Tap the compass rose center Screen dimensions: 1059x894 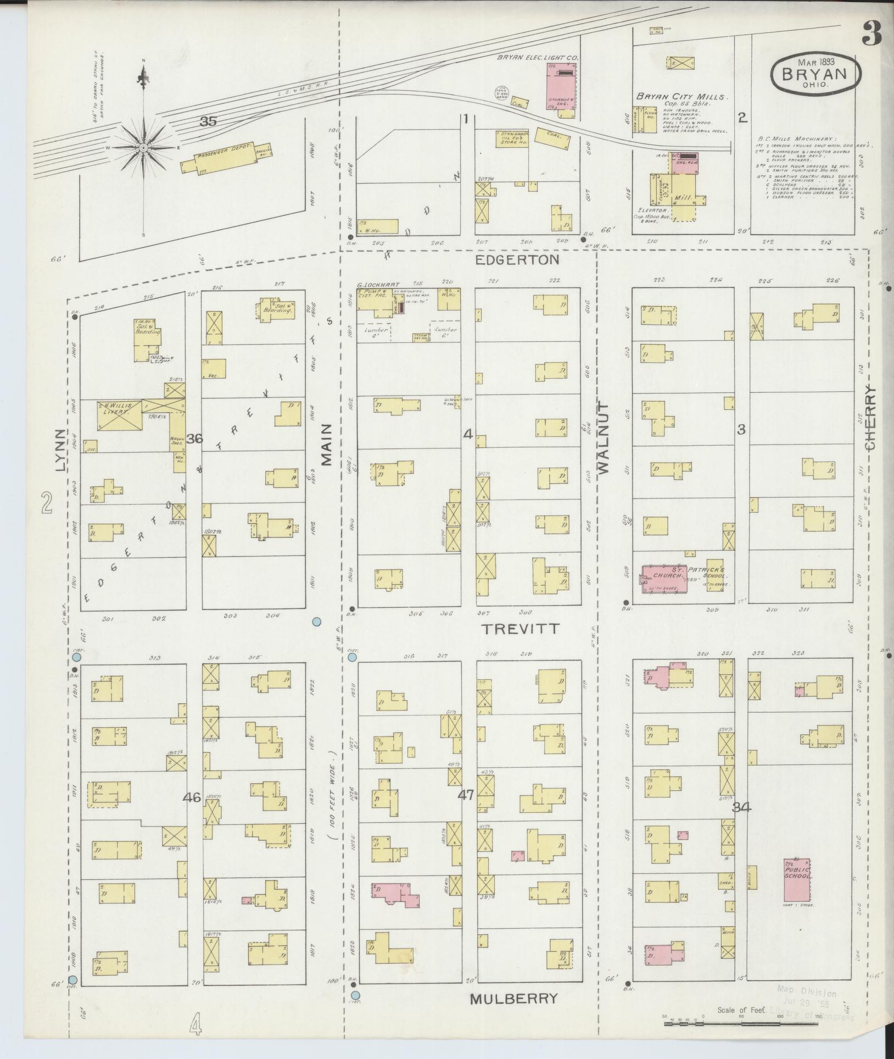click(143, 147)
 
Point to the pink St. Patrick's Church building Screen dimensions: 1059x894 click(664, 579)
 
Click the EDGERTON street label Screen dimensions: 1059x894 click(517, 259)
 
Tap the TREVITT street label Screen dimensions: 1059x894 click(520, 628)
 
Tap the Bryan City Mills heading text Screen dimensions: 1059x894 click(681, 96)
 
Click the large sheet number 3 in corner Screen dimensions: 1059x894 click(871, 35)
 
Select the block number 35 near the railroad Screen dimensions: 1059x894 click(208, 121)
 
